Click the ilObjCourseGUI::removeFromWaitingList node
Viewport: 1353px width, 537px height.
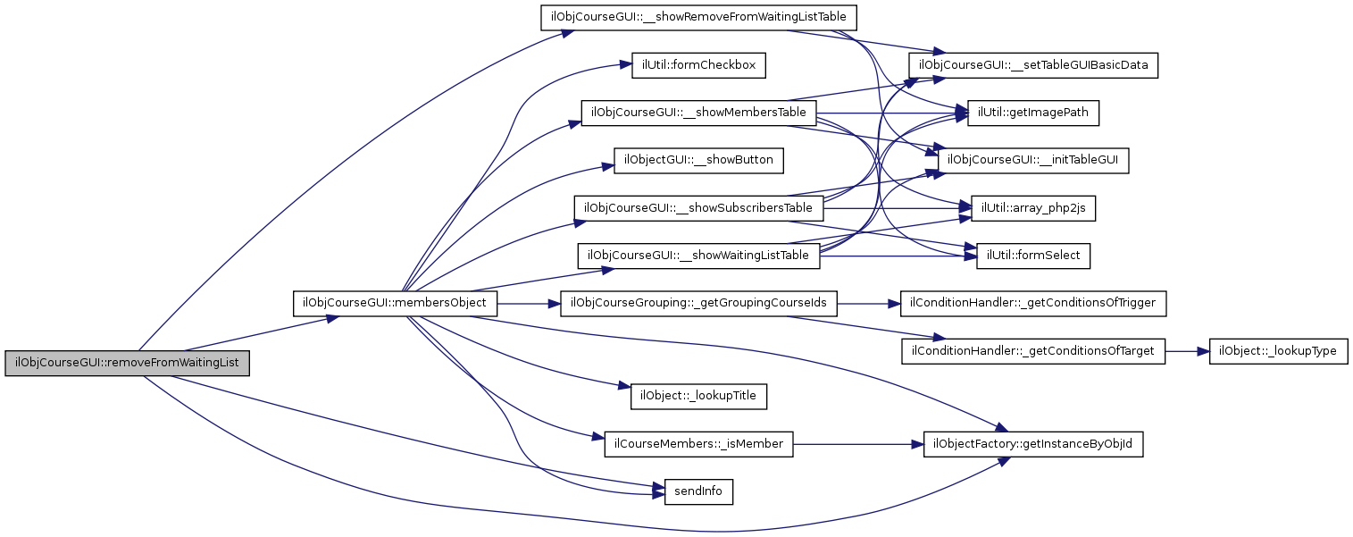(127, 364)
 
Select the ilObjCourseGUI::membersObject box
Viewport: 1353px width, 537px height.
(395, 304)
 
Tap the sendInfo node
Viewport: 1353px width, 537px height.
(698, 491)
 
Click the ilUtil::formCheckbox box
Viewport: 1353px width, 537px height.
(699, 65)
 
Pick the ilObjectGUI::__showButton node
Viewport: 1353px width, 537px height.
(698, 161)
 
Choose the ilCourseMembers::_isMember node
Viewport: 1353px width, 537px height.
(699, 444)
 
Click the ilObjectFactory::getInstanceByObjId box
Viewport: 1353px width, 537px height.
(1033, 444)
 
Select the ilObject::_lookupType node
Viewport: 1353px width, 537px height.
(1278, 351)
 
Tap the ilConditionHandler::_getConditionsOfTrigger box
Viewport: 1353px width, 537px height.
(1033, 304)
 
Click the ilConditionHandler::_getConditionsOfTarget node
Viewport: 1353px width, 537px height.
(1033, 351)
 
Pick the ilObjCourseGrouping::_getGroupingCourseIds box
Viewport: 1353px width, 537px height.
(699, 304)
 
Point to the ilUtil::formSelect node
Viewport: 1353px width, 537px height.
(1033, 256)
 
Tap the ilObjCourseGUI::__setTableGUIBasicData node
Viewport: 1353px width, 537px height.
(1033, 65)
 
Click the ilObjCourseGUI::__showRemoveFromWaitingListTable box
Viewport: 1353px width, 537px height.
(699, 18)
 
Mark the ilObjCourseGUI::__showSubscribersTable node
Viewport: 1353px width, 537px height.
(699, 208)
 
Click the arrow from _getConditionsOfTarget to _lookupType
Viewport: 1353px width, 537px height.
(1188, 351)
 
